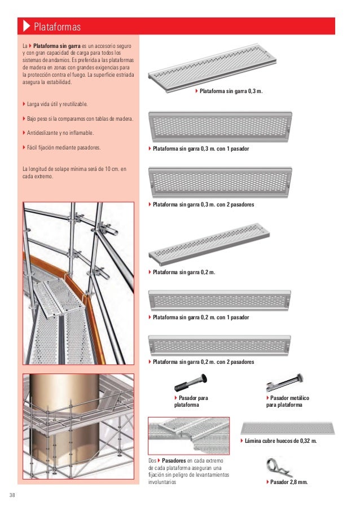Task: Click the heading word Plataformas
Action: [x=58, y=27]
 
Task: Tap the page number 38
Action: [x=12, y=495]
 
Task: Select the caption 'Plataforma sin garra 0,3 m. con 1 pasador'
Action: [x=200, y=149]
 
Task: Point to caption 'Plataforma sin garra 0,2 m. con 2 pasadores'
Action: [x=203, y=361]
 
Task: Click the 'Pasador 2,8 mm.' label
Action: [x=288, y=482]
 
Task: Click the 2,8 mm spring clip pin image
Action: [x=277, y=467]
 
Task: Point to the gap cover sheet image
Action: [x=288, y=427]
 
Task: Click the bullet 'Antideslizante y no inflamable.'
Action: [x=59, y=133]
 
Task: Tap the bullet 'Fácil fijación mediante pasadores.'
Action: [x=63, y=148]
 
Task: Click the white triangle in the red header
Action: [x=26, y=27]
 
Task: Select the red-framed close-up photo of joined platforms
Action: [x=188, y=436]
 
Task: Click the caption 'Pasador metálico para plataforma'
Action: [x=289, y=402]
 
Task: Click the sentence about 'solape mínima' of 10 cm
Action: [x=73, y=172]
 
